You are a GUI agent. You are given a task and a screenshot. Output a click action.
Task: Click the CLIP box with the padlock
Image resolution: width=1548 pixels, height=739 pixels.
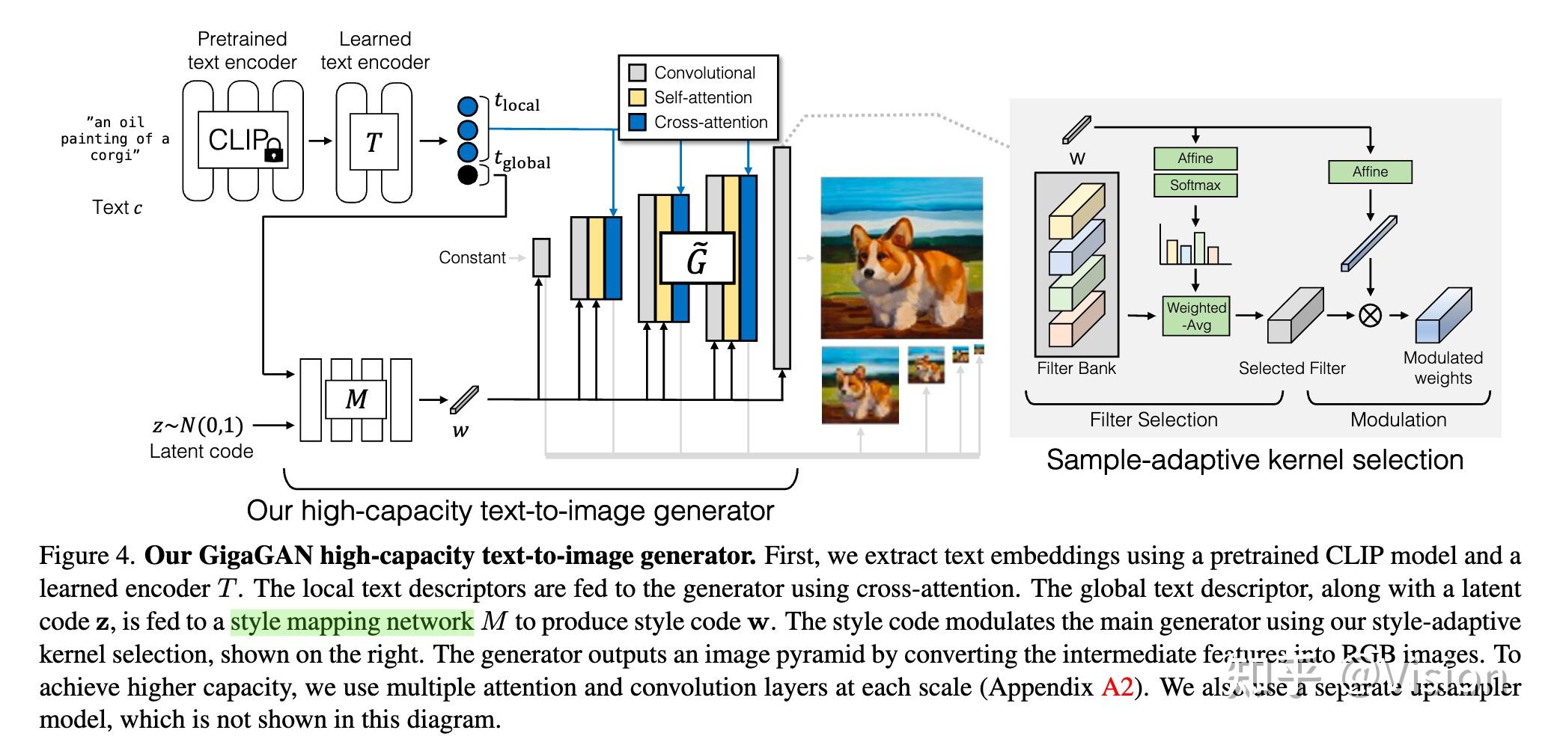pos(241,140)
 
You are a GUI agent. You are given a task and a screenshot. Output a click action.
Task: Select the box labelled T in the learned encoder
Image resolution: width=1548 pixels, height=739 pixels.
pos(374,141)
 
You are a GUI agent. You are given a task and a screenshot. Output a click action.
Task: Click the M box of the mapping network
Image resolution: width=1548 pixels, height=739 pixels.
pos(356,399)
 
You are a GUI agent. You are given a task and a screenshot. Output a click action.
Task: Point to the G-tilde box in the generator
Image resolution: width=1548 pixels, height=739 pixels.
pos(697,258)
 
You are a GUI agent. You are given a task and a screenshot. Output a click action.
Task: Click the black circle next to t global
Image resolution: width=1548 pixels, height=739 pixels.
pos(467,175)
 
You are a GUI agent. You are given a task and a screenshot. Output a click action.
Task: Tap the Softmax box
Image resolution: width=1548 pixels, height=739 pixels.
pos(1195,185)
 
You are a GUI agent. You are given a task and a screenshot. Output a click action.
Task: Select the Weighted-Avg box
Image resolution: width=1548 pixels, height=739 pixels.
pos(1196,316)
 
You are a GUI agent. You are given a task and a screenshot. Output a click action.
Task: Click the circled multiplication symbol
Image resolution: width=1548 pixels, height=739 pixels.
pos(1370,315)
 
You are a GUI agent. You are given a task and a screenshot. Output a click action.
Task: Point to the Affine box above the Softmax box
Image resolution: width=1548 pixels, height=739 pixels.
pos(1195,158)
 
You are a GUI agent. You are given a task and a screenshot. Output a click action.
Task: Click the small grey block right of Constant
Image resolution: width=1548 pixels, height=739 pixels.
pos(541,257)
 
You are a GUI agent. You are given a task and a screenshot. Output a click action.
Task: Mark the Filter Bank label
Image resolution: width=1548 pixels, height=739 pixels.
pos(1076,368)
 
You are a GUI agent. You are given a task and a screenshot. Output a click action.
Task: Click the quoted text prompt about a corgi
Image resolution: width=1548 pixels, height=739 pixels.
pos(115,138)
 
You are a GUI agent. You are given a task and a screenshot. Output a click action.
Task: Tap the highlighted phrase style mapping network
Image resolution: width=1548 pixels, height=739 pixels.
pos(352,622)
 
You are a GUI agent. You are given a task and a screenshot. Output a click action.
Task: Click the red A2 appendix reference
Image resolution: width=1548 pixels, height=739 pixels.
pos(1117,687)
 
